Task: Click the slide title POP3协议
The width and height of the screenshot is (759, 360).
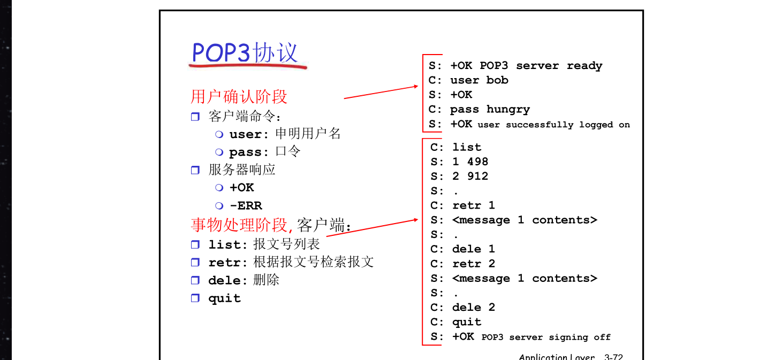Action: (x=245, y=52)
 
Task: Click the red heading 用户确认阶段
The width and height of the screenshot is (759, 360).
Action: (x=239, y=96)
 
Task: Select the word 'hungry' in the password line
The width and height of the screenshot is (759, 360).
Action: (x=508, y=109)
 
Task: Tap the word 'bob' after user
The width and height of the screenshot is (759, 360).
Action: (x=497, y=80)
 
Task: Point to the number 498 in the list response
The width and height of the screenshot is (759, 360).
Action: (x=478, y=162)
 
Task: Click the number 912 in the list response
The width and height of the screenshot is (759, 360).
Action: (x=478, y=176)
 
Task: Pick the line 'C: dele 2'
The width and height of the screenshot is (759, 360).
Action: (x=463, y=307)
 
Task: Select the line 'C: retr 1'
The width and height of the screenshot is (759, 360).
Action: (x=463, y=205)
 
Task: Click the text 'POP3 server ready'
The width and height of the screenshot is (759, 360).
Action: (x=541, y=66)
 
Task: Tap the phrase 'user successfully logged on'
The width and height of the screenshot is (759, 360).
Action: (x=553, y=125)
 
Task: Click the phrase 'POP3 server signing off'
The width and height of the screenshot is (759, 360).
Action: (x=546, y=338)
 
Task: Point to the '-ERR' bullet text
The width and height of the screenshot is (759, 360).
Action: (x=246, y=205)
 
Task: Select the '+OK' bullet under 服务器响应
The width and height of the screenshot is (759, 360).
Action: (x=241, y=188)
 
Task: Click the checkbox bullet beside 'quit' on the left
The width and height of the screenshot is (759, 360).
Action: (x=195, y=298)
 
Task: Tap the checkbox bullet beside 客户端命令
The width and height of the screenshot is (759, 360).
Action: (x=195, y=117)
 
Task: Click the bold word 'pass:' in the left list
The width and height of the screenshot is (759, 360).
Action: (x=248, y=152)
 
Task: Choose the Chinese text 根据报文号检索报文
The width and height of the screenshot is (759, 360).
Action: (x=314, y=262)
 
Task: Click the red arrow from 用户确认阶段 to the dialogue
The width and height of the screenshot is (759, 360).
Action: (x=381, y=93)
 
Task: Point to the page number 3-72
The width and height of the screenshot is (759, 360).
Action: (x=613, y=357)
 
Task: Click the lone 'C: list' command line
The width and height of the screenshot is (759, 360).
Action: (x=456, y=147)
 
